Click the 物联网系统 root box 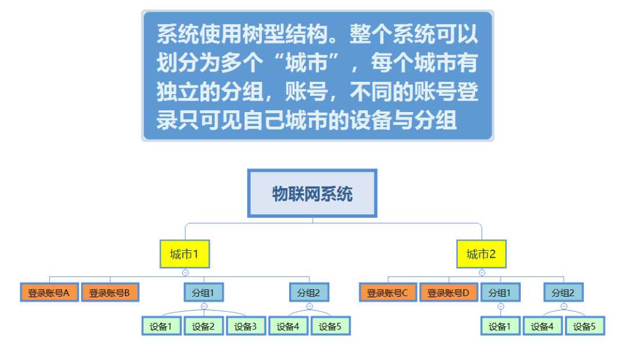[x=312, y=193]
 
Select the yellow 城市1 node [x=185, y=254]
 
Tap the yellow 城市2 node [x=481, y=254]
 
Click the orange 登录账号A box [x=49, y=293]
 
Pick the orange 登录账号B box [x=110, y=293]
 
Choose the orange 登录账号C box [x=388, y=293]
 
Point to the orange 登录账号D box [x=448, y=293]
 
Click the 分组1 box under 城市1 [x=204, y=293]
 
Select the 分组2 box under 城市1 [x=309, y=293]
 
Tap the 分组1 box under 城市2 [x=500, y=293]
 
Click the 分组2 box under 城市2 [x=563, y=293]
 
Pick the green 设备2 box [x=204, y=326]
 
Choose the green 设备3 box [x=246, y=326]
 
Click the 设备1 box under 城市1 [x=161, y=326]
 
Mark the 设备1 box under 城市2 [x=500, y=326]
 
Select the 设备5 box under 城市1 [x=330, y=326]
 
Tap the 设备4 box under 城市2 [x=542, y=326]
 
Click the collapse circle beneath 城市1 [x=185, y=272]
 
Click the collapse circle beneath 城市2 [x=482, y=272]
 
